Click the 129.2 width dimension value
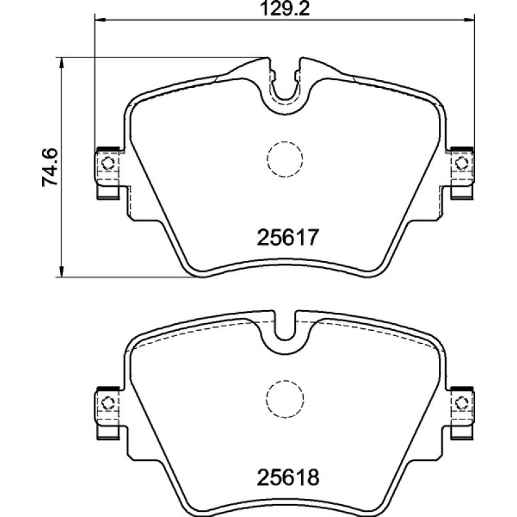coord(285,9)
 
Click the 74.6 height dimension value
coord(50,167)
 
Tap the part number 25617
coord(288,237)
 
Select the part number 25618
coord(288,477)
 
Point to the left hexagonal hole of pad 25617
coord(107,163)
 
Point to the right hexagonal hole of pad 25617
coord(461,163)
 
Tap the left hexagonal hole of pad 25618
coord(107,403)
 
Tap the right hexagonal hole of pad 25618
coord(461,403)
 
